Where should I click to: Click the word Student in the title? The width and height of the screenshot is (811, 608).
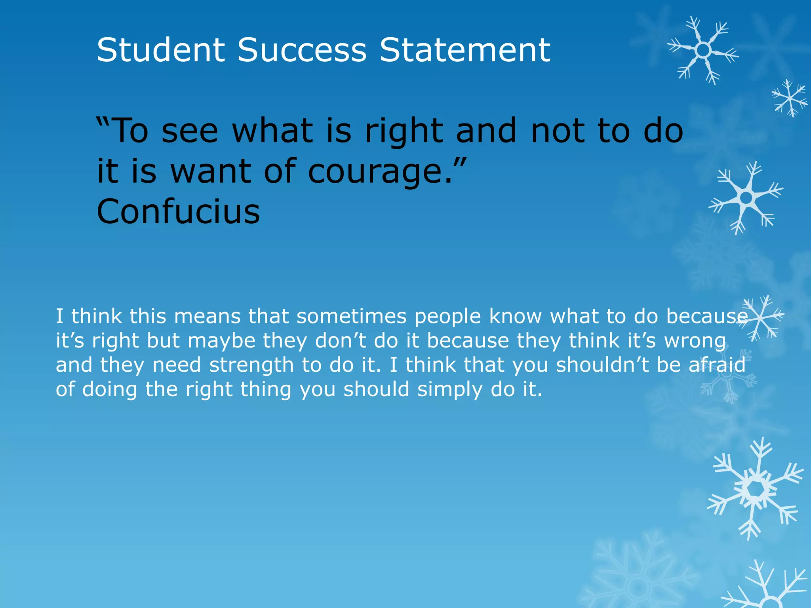point(161,50)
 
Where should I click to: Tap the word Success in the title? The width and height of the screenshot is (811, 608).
point(302,50)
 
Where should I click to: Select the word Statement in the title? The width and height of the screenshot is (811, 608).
point(465,50)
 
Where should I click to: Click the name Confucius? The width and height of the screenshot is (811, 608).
point(178,211)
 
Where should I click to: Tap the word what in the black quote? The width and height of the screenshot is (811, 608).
point(272,131)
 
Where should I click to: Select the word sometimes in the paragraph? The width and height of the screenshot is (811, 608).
point(352,316)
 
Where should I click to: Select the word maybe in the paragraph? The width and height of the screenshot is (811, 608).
point(221,341)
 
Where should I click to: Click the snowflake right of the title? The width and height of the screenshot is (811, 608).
point(703,50)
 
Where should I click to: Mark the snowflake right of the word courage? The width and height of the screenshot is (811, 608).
point(746,197)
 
